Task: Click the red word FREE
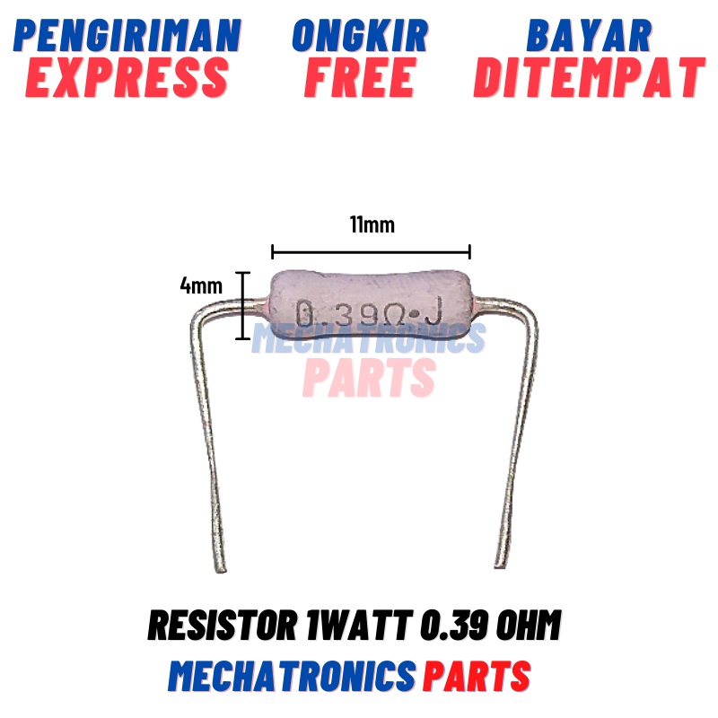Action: click(x=359, y=78)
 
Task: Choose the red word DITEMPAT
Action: click(x=589, y=78)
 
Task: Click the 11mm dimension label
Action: click(x=372, y=224)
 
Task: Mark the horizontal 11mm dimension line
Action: click(x=371, y=252)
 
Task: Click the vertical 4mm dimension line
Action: click(x=241, y=305)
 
